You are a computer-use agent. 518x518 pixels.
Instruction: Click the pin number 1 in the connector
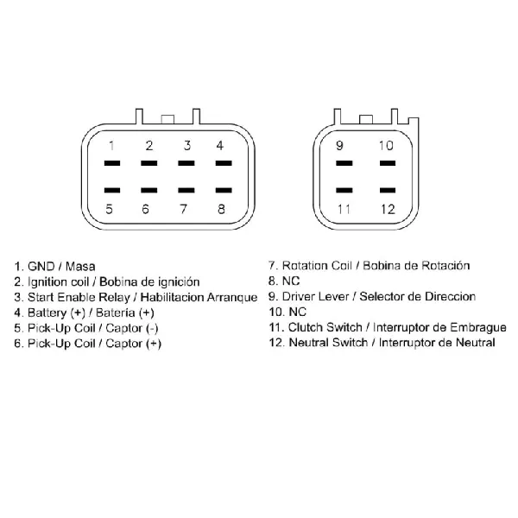click(x=111, y=145)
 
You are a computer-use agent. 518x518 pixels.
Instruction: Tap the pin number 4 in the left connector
click(x=219, y=145)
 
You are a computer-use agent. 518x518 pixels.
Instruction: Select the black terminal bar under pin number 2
click(x=149, y=163)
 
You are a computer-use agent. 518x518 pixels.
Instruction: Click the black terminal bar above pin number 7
click(x=186, y=190)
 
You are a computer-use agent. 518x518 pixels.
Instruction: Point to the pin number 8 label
click(x=221, y=209)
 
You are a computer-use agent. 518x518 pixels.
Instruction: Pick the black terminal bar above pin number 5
click(x=112, y=190)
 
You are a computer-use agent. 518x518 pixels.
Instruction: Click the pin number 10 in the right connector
click(x=386, y=145)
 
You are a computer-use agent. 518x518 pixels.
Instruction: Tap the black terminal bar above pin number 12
click(x=388, y=190)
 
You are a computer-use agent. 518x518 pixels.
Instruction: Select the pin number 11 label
click(x=344, y=209)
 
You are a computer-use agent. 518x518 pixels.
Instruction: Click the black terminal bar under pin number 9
click(x=344, y=163)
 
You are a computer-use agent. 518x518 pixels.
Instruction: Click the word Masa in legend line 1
click(x=80, y=266)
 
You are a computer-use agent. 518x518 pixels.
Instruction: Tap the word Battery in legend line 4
click(x=47, y=313)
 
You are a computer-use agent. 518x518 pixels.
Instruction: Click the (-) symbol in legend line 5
click(x=152, y=328)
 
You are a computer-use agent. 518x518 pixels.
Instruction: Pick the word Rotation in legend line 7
click(x=305, y=266)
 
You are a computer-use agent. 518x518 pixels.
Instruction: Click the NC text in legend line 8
click(x=291, y=281)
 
